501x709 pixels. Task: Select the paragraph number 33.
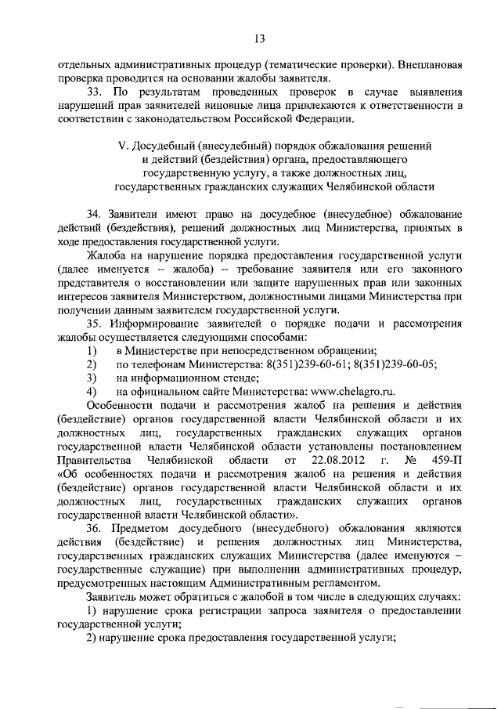[96, 92]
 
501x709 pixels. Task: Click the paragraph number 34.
[96, 214]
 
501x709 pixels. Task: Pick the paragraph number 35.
[96, 323]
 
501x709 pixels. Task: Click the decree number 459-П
[445, 459]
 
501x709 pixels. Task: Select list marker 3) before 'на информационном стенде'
[92, 378]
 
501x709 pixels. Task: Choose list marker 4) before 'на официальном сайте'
[92, 392]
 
